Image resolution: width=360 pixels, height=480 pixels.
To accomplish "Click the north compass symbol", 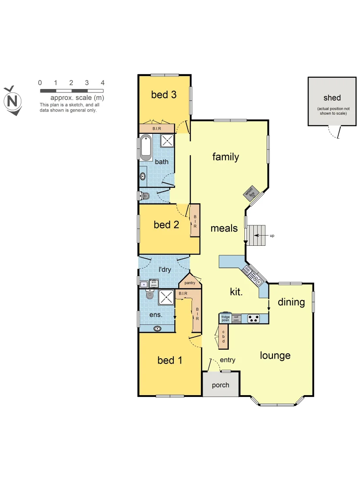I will click(x=13, y=101).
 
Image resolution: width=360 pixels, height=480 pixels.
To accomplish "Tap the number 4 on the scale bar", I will click(x=103, y=83).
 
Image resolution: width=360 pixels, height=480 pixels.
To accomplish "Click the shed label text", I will click(x=332, y=98).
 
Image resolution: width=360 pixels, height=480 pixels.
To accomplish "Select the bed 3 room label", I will click(x=164, y=94).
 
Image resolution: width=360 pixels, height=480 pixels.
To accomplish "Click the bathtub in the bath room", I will click(x=145, y=148).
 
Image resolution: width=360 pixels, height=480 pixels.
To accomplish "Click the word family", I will click(x=225, y=157).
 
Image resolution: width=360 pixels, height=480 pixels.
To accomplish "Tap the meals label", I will click(x=224, y=228).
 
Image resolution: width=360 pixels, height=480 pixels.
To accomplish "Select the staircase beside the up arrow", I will click(x=256, y=235).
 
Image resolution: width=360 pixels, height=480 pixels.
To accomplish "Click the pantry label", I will click(x=190, y=283).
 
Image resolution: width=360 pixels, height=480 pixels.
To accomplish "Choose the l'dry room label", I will click(x=164, y=269).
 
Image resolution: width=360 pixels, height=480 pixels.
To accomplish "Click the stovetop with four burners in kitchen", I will click(x=254, y=318).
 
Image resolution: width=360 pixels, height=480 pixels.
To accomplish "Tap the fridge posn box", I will click(x=226, y=318).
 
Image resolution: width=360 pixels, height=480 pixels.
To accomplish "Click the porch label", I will click(x=220, y=385).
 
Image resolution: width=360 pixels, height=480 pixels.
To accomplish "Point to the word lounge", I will click(x=275, y=356).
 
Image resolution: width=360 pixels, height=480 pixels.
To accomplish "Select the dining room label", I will click(x=291, y=302).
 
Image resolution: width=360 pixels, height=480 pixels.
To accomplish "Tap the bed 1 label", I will click(x=170, y=360).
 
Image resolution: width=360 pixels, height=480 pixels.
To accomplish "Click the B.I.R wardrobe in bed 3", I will click(x=156, y=128).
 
